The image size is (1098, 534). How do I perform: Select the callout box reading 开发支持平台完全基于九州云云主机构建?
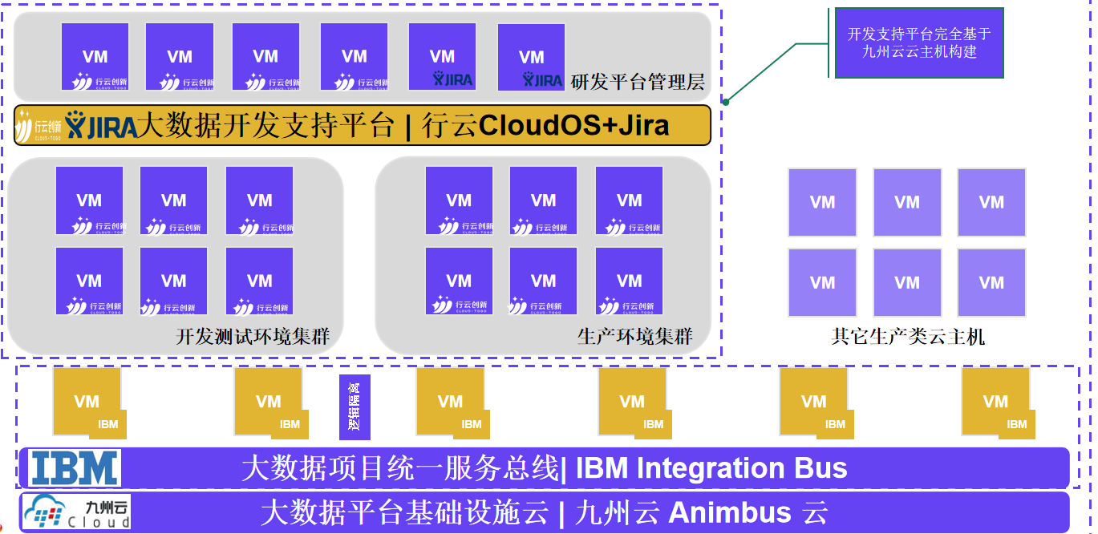pos(918,43)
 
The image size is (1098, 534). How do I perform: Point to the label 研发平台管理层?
pos(638,82)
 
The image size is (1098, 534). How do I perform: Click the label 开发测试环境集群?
pos(253,337)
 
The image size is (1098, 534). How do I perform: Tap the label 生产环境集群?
pos(634,337)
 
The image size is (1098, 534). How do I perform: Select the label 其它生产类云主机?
pos(908,337)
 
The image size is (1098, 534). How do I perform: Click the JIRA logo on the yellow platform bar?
pos(101,126)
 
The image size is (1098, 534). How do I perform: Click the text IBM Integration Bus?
pos(711,468)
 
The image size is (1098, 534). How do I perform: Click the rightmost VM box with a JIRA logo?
pos(531,57)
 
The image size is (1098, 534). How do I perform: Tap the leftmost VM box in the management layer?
pos(95,57)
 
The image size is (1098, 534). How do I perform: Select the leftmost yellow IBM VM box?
pos(87,402)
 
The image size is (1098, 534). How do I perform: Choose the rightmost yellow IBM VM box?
pos(996,402)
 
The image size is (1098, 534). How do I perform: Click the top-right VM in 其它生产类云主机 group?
pos(991,202)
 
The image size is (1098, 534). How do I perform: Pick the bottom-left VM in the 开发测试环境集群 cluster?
pos(89,281)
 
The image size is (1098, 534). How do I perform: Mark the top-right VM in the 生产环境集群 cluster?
pos(629,200)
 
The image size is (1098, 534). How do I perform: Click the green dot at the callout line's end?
pos(725,102)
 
